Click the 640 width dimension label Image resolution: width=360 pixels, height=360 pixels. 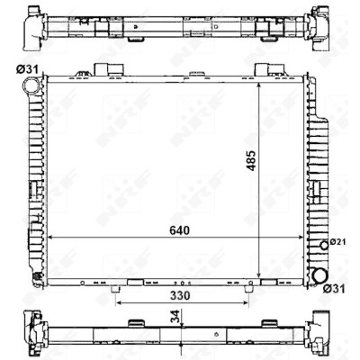(180, 230)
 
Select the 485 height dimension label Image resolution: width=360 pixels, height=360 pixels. (251, 160)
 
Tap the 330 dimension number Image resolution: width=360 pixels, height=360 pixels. (180, 296)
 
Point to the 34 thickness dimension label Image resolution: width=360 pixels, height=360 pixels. (176, 317)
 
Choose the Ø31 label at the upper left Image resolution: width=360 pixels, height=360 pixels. (27, 70)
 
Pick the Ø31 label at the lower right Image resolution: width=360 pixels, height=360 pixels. (334, 289)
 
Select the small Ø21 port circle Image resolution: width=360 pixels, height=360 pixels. (324, 245)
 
